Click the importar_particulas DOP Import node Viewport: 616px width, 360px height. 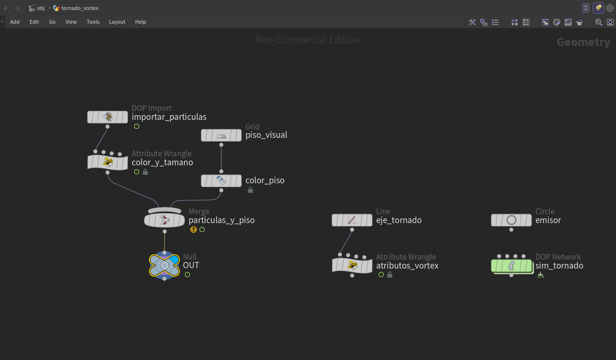pyautogui.click(x=108, y=117)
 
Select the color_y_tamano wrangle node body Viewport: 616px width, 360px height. pyautogui.click(x=108, y=162)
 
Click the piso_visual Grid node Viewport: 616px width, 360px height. pyautogui.click(x=221, y=135)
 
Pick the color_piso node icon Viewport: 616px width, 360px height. pyautogui.click(x=221, y=180)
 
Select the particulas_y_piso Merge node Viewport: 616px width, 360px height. pyautogui.click(x=164, y=220)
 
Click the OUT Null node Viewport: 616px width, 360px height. pyautogui.click(x=164, y=265)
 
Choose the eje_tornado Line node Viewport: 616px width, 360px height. pyautogui.click(x=352, y=220)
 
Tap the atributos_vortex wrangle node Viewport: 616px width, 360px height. pyautogui.click(x=352, y=266)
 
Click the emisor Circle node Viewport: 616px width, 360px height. pyautogui.click(x=511, y=220)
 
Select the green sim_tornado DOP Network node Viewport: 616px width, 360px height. pyautogui.click(x=512, y=266)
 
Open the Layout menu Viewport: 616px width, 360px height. pyautogui.click(x=117, y=22)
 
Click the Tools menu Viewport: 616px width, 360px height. pyautogui.click(x=93, y=22)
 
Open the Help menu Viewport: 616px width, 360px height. pyautogui.click(x=141, y=22)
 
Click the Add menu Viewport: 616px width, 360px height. pyautogui.click(x=15, y=22)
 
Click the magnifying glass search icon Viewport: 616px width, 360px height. pyautogui.click(x=598, y=22)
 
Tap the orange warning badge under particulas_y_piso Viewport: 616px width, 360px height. pyautogui.click(x=193, y=229)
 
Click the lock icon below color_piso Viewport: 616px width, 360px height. pyautogui.click(x=250, y=189)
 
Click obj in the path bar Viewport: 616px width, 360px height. pyautogui.click(x=41, y=8)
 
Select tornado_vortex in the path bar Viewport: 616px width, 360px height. pyautogui.click(x=80, y=8)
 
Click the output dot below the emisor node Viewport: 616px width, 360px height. pyautogui.click(x=511, y=230)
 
